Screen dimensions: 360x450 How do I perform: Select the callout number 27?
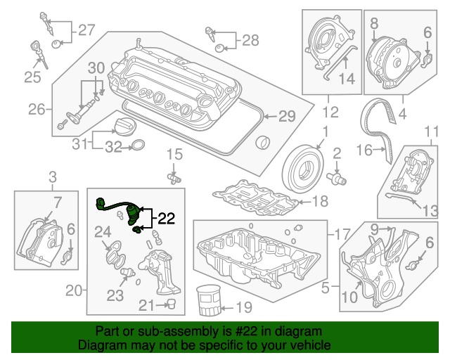[86, 30]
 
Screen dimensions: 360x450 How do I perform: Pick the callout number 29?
[287, 117]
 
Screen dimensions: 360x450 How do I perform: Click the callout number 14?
[347, 80]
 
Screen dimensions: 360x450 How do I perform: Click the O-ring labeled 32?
[139, 146]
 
